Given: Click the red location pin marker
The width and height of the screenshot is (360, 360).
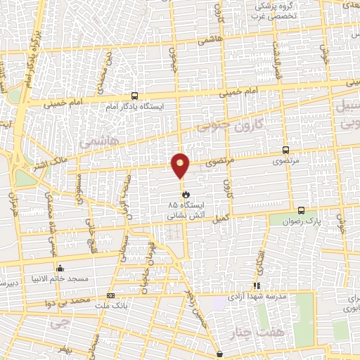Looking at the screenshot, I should [x=181, y=165].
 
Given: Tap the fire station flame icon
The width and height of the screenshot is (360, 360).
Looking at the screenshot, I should [x=186, y=193].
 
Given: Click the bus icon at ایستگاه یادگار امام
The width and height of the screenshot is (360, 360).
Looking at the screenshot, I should [x=134, y=96].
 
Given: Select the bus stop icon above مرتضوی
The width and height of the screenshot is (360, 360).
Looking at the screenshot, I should [x=285, y=150].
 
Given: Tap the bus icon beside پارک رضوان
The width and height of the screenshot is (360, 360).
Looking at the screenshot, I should [x=301, y=210].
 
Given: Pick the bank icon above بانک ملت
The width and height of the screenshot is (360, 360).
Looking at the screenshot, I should [x=110, y=295].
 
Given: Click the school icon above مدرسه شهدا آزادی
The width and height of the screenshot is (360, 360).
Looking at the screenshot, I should [x=257, y=285].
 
